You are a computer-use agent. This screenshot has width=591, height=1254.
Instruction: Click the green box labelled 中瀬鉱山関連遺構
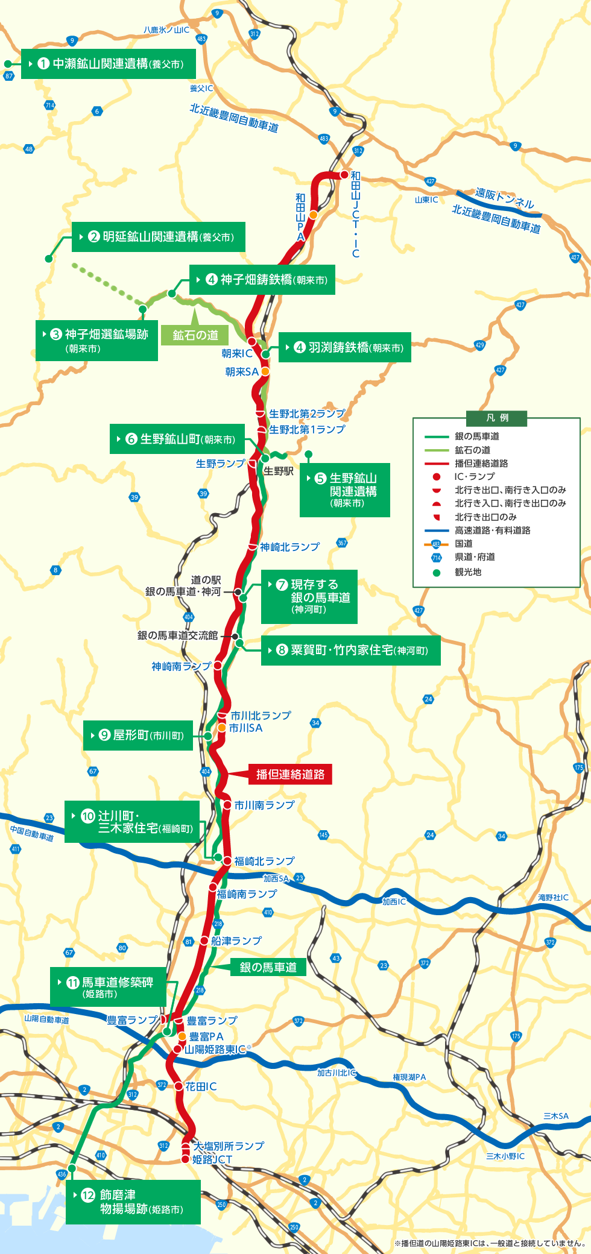click(109, 64)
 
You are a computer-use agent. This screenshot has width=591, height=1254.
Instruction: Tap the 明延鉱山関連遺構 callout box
click(159, 237)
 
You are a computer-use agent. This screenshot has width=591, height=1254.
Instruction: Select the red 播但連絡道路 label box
click(290, 774)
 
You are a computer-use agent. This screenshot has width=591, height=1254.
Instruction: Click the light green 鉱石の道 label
click(195, 335)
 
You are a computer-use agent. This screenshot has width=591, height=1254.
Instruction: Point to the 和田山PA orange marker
click(314, 215)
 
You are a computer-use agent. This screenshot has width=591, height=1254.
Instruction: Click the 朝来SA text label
click(242, 372)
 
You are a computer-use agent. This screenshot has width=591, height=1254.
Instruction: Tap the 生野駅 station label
click(279, 471)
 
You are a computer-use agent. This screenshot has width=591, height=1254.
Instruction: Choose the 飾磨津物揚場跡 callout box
click(133, 1202)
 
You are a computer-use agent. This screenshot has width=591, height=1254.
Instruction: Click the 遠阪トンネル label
click(505, 198)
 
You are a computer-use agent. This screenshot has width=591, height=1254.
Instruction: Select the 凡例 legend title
click(497, 418)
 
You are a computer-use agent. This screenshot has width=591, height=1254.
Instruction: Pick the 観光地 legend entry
click(468, 572)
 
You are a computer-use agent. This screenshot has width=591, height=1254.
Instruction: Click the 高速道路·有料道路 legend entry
click(492, 531)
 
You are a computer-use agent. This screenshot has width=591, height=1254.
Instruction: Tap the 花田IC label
click(201, 1086)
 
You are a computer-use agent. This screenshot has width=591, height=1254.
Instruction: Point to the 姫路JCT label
click(212, 1159)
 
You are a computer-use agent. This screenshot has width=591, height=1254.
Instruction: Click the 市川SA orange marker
click(222, 728)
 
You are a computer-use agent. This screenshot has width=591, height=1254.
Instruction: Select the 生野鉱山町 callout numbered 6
click(177, 439)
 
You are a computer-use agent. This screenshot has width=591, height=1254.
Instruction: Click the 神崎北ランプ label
click(289, 547)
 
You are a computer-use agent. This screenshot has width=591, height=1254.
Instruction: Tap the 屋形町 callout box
click(138, 736)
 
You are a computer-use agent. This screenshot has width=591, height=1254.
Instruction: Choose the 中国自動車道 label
click(32, 833)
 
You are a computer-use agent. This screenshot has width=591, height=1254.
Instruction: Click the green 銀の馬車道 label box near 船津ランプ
click(268, 968)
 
